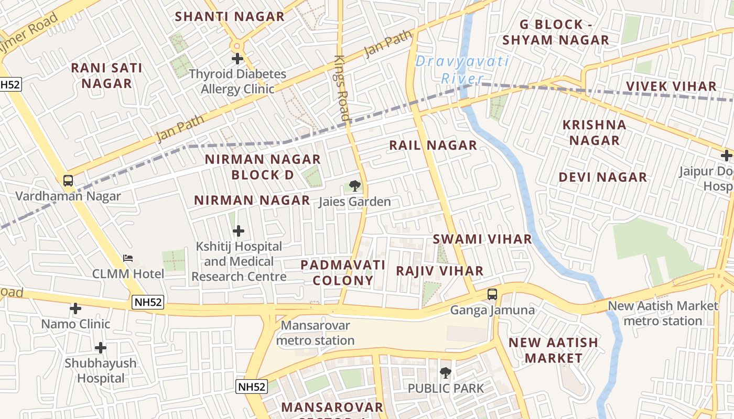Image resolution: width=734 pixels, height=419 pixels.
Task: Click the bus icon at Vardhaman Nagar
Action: [x=68, y=181]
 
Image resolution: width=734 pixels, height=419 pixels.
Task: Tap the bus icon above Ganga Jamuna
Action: [x=492, y=294]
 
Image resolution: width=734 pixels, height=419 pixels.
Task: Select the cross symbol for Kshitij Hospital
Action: [x=239, y=231]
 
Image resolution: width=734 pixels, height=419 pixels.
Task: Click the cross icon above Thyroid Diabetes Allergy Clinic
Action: [x=238, y=59]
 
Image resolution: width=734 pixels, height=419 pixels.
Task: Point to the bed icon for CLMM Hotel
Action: [x=128, y=258]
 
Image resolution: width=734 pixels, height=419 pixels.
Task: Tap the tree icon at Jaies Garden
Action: [x=354, y=185]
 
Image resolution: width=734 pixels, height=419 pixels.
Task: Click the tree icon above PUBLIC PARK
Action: [x=446, y=373]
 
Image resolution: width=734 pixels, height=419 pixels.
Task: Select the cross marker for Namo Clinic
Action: [x=75, y=308]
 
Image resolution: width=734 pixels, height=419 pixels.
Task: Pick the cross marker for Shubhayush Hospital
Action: [x=100, y=348]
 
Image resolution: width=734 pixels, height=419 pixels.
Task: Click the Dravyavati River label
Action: [x=461, y=70]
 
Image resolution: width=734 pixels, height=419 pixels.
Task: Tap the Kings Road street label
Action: [x=341, y=89]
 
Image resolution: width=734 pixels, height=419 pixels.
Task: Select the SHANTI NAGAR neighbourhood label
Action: [x=230, y=16]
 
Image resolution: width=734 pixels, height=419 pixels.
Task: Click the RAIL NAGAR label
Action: [x=433, y=145]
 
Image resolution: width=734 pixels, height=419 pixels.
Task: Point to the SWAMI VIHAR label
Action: [x=482, y=239]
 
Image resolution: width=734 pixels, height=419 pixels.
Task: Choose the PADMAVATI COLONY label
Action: [x=343, y=272]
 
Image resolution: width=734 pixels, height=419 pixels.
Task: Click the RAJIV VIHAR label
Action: [x=439, y=271]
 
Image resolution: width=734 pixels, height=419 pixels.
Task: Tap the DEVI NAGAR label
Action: [x=602, y=177]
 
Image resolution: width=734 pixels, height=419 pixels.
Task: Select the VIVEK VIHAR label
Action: [x=671, y=86]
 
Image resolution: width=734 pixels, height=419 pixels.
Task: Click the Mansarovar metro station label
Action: [x=315, y=333]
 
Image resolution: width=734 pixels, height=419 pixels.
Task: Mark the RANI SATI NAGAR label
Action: [x=106, y=75]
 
